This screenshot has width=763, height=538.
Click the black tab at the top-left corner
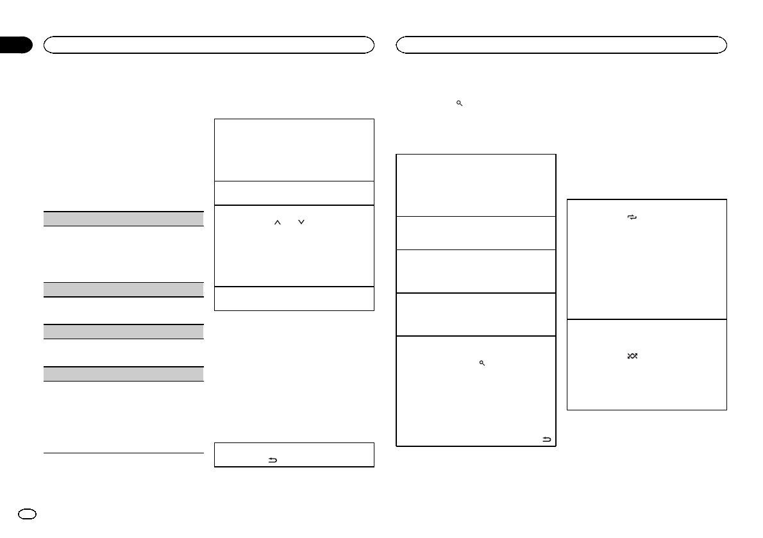tap(15, 45)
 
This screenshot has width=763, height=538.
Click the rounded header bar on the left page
tap(208, 44)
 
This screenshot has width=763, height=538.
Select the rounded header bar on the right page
tap(562, 44)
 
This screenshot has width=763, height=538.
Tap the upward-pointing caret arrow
tap(278, 223)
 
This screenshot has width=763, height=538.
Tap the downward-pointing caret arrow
tap(301, 223)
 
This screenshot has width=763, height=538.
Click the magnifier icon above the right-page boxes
tap(459, 103)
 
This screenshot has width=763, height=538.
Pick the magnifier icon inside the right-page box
tap(481, 363)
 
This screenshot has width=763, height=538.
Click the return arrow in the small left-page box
tap(272, 460)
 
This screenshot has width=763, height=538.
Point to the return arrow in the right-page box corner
tap(547, 439)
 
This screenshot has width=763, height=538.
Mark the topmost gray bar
tap(124, 219)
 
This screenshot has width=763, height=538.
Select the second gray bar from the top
tap(124, 289)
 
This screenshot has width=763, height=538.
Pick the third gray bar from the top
tap(124, 332)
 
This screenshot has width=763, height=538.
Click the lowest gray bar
tap(124, 374)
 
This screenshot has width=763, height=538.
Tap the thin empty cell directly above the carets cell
tap(294, 193)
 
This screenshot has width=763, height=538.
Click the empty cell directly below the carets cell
tap(294, 298)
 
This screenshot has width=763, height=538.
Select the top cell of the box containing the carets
tap(294, 149)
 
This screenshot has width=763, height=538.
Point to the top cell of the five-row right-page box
tap(476, 185)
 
